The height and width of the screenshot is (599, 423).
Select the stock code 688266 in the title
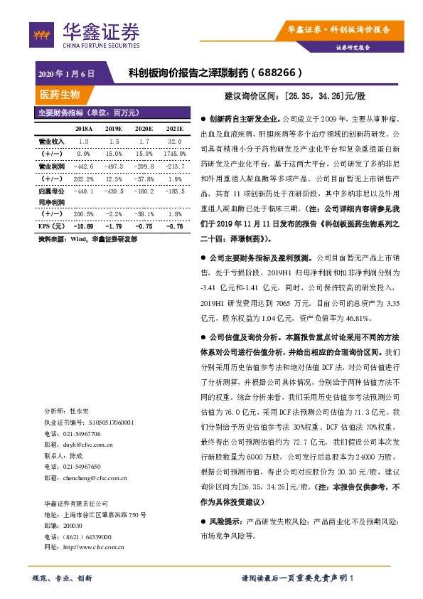(x=279, y=73)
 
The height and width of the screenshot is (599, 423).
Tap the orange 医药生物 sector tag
(x=60, y=95)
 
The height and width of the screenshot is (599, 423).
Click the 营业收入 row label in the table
(x=50, y=142)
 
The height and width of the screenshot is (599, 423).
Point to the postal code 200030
(x=73, y=525)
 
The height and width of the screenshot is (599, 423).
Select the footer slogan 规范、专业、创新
(x=62, y=578)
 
